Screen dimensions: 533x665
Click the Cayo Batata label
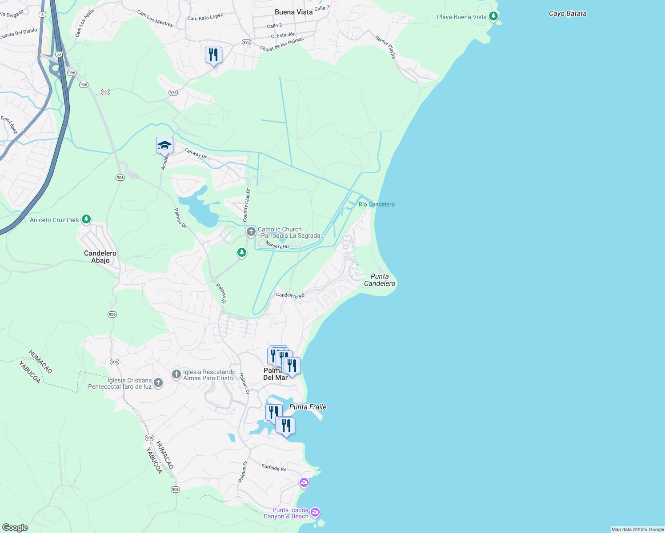(x=567, y=13)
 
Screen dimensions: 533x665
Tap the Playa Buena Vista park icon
(x=493, y=17)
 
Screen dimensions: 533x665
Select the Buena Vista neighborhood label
(x=293, y=12)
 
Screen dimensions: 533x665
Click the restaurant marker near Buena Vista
(x=213, y=55)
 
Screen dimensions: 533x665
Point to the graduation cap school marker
(x=164, y=145)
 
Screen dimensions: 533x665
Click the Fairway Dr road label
(x=196, y=153)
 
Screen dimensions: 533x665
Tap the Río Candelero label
(x=377, y=204)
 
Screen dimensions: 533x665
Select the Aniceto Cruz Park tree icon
(x=86, y=219)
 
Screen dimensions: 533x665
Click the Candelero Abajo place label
(x=100, y=257)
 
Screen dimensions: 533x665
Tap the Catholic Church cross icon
(x=251, y=231)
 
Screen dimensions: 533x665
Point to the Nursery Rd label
(x=277, y=245)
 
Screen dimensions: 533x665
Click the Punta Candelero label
(x=380, y=280)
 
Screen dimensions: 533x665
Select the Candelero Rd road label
(x=290, y=295)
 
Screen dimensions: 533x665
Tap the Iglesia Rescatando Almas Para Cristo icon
(x=176, y=374)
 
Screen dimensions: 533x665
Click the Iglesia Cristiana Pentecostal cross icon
(x=158, y=382)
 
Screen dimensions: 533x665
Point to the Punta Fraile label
(x=308, y=407)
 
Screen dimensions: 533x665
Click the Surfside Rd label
(x=274, y=468)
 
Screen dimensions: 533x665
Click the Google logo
(x=15, y=528)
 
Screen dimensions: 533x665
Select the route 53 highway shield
(x=58, y=54)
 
